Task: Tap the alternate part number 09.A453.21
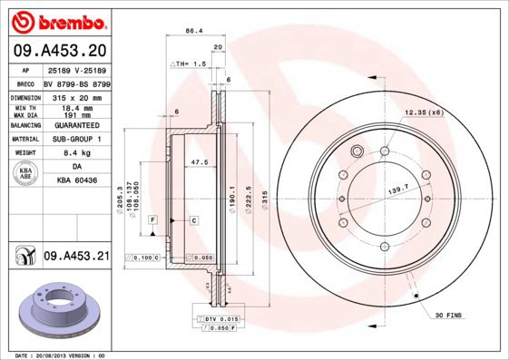76,257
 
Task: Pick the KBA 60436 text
76,181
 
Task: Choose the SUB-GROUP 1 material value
76,140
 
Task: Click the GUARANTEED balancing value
76,126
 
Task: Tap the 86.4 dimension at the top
193,31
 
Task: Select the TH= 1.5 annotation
190,65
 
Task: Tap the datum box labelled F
153,220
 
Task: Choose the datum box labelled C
193,220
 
